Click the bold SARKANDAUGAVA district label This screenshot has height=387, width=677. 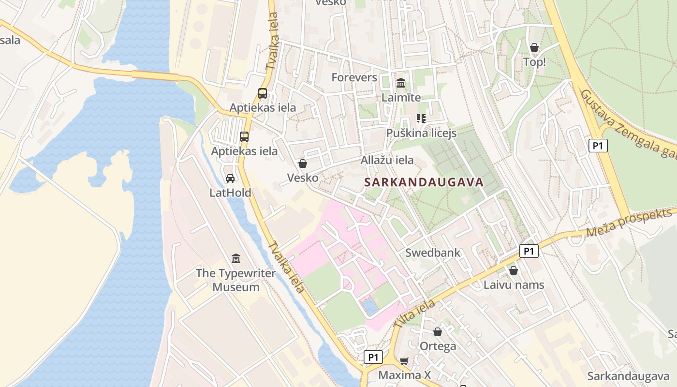[424, 182]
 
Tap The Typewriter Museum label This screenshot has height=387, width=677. [236, 280]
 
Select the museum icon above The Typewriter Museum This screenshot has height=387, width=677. [236, 258]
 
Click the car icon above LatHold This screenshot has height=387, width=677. [230, 179]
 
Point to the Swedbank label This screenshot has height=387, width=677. [433, 253]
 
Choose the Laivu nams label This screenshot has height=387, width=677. [514, 285]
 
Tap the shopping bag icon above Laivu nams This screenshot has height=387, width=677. [514, 270]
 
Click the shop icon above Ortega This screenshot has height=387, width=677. [438, 332]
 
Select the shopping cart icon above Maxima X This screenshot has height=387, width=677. [404, 361]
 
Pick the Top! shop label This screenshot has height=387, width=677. [534, 62]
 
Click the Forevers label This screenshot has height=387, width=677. [354, 77]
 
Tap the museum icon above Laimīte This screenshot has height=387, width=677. [401, 83]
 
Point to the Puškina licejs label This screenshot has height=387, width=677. [421, 133]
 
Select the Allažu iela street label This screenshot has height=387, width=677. [387, 160]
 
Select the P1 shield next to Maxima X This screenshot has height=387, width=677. [373, 357]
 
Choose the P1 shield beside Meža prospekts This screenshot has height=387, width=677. [529, 251]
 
